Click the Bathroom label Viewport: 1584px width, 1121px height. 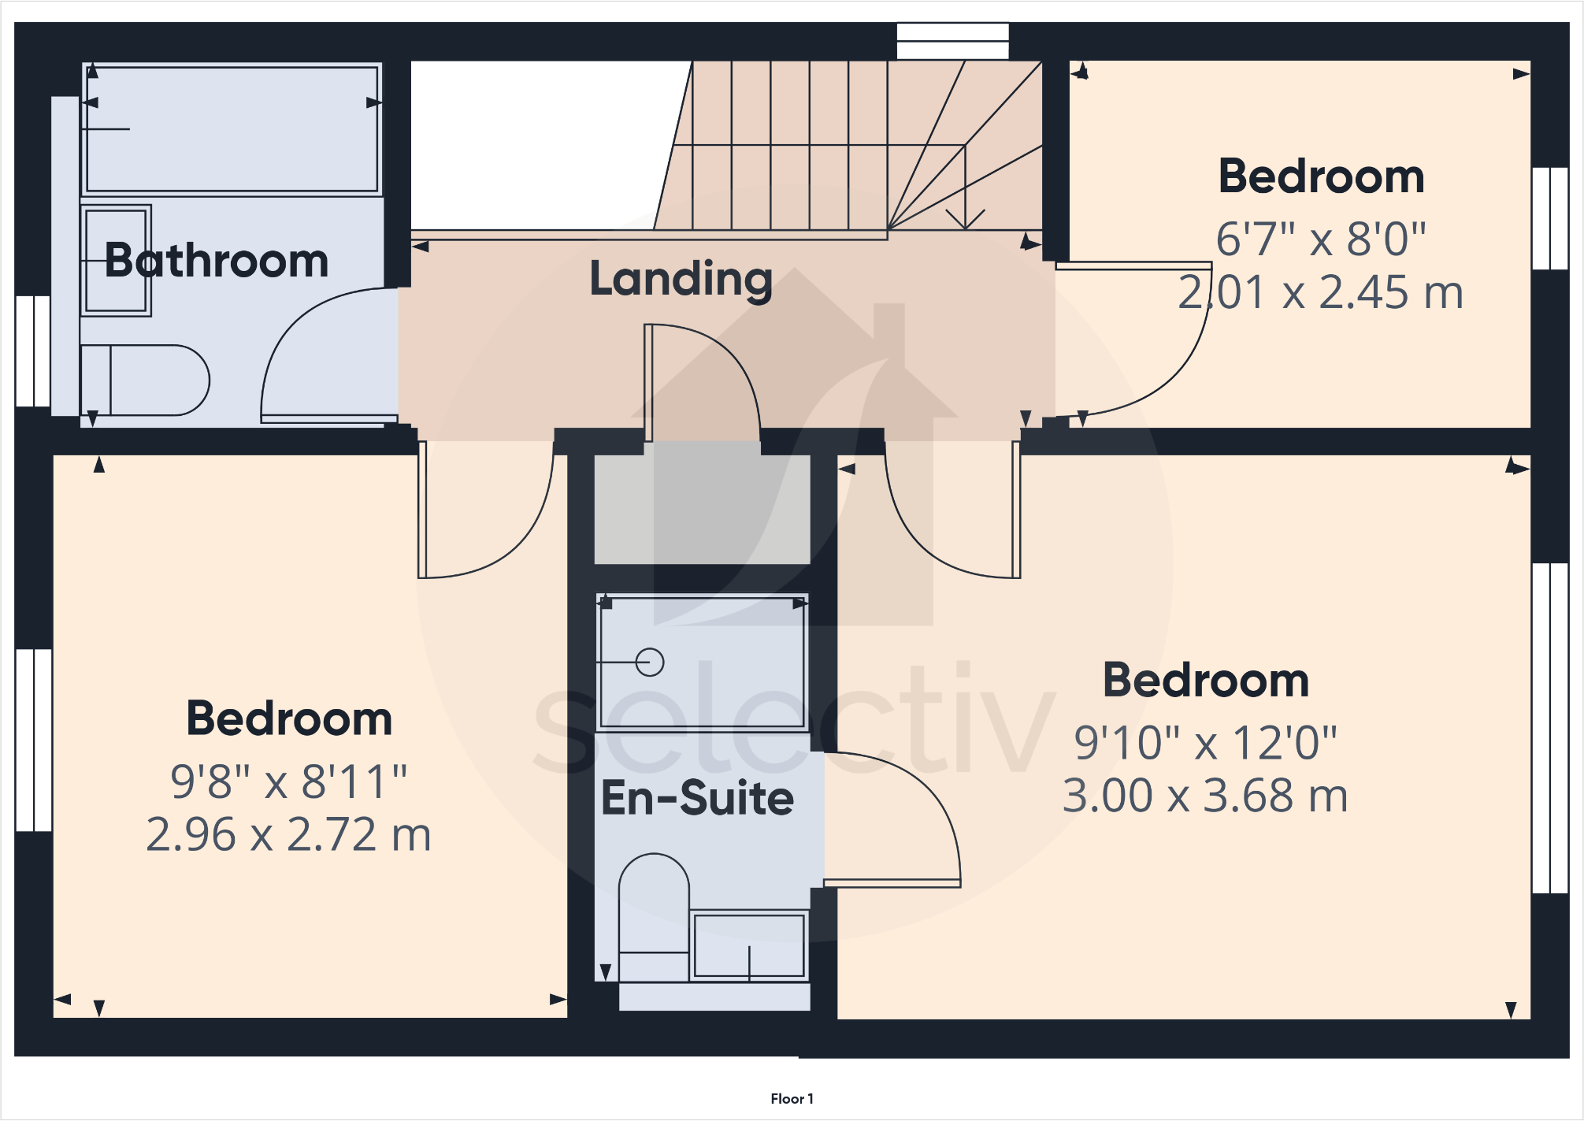tap(217, 261)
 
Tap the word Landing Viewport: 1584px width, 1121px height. tap(681, 279)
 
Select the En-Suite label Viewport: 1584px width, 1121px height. tap(697, 798)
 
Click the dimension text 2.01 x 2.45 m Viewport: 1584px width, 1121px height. tap(1320, 292)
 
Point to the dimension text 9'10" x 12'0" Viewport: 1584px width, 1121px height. tap(1205, 742)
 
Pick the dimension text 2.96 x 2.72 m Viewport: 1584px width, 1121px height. tap(288, 834)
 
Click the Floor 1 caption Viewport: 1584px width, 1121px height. tap(792, 1098)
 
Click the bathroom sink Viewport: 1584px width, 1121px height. tap(116, 261)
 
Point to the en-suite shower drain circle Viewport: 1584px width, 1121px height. tap(650, 662)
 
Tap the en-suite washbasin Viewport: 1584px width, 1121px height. tap(748, 945)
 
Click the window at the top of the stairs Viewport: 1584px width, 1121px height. tap(952, 41)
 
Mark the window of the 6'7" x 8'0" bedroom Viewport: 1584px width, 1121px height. tap(1549, 218)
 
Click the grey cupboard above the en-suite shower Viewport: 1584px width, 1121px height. tap(702, 508)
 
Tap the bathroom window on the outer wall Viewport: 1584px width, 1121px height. tap(33, 351)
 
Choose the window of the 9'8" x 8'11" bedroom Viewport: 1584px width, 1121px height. tap(34, 740)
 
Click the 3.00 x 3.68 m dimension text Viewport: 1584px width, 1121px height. tap(1205, 796)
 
